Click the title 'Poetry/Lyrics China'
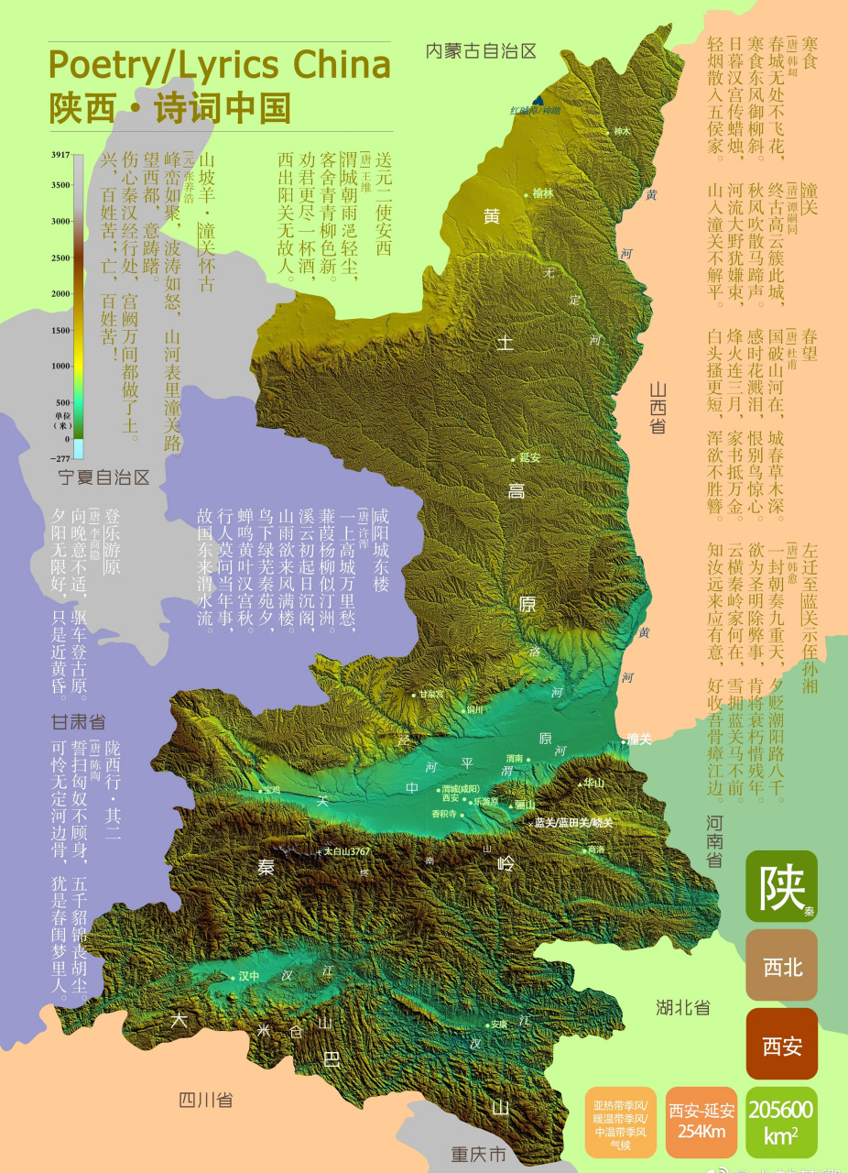tap(219, 66)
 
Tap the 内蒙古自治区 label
tap(480, 51)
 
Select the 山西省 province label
tap(658, 407)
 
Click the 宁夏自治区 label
tap(103, 477)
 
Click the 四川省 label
tap(205, 1101)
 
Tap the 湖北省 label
tap(683, 1007)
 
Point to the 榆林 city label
tap(543, 194)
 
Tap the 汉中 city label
tap(249, 977)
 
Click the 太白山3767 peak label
tap(346, 851)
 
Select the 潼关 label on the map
tap(638, 740)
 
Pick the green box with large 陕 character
tap(781, 886)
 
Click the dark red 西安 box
tap(781, 1046)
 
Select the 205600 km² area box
tap(781, 1122)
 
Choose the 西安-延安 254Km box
tap(701, 1122)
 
